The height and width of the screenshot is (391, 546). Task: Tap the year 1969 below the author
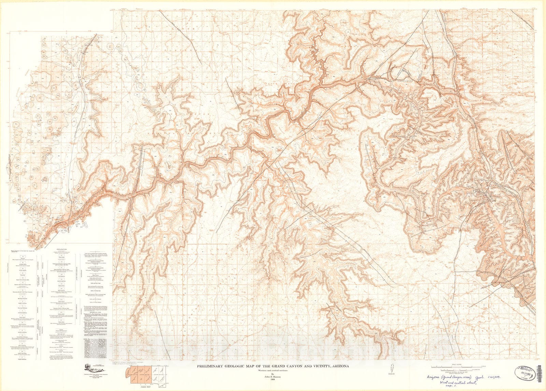(x=272, y=380)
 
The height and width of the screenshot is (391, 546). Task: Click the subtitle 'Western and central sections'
(x=272, y=370)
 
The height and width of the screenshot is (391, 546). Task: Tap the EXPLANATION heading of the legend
(x=62, y=250)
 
